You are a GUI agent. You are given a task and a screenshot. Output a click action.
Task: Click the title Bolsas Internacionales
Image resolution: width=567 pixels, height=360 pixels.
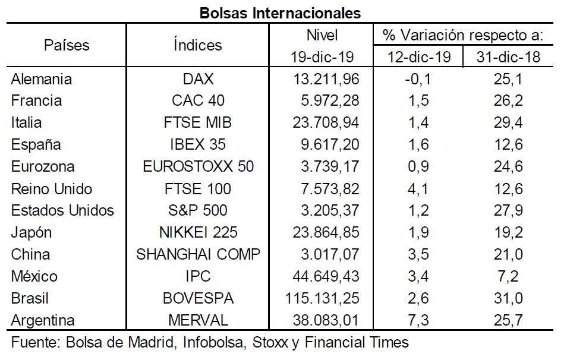281,13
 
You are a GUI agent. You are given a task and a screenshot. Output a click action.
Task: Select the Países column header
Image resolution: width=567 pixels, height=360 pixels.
67,45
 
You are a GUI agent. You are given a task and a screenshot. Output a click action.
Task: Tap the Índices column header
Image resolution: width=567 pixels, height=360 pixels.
197,45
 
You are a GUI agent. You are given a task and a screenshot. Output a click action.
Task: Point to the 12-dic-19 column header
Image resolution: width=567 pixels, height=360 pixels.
419,57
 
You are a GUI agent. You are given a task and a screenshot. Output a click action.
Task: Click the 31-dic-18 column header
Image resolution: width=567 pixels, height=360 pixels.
508,57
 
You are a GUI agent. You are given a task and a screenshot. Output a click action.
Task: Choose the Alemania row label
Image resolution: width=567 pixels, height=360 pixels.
41,79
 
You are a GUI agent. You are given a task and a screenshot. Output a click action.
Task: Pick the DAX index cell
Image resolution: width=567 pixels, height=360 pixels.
198,79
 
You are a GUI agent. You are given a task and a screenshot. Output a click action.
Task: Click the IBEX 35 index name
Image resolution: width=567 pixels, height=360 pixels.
198,144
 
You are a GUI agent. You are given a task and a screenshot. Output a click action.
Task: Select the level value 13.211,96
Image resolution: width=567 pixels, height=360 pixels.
326,79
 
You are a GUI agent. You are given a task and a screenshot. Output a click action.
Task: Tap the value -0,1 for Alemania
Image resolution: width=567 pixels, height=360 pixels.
418,79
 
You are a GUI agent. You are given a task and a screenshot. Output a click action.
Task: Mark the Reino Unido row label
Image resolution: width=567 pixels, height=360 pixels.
51,189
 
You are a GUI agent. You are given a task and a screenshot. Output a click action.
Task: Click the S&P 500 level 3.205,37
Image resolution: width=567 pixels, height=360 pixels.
330,210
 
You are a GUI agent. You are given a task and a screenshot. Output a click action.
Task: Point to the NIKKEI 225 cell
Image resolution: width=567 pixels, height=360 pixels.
198,232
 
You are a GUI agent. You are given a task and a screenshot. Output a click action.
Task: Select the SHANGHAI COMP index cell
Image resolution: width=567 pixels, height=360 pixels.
198,254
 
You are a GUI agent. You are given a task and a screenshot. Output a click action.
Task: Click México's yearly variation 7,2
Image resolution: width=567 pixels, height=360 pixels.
508,276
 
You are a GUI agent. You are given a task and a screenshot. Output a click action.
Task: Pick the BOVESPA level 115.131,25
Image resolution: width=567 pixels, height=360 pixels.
322,299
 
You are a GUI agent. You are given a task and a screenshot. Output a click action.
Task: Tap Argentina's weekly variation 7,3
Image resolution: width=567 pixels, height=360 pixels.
418,321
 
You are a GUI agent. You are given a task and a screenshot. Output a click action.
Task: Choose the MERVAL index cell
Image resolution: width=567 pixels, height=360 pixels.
198,321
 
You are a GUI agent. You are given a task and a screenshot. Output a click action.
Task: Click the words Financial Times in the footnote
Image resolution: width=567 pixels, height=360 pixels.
357,342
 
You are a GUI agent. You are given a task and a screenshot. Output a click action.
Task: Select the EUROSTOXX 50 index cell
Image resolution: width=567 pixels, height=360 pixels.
198,166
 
